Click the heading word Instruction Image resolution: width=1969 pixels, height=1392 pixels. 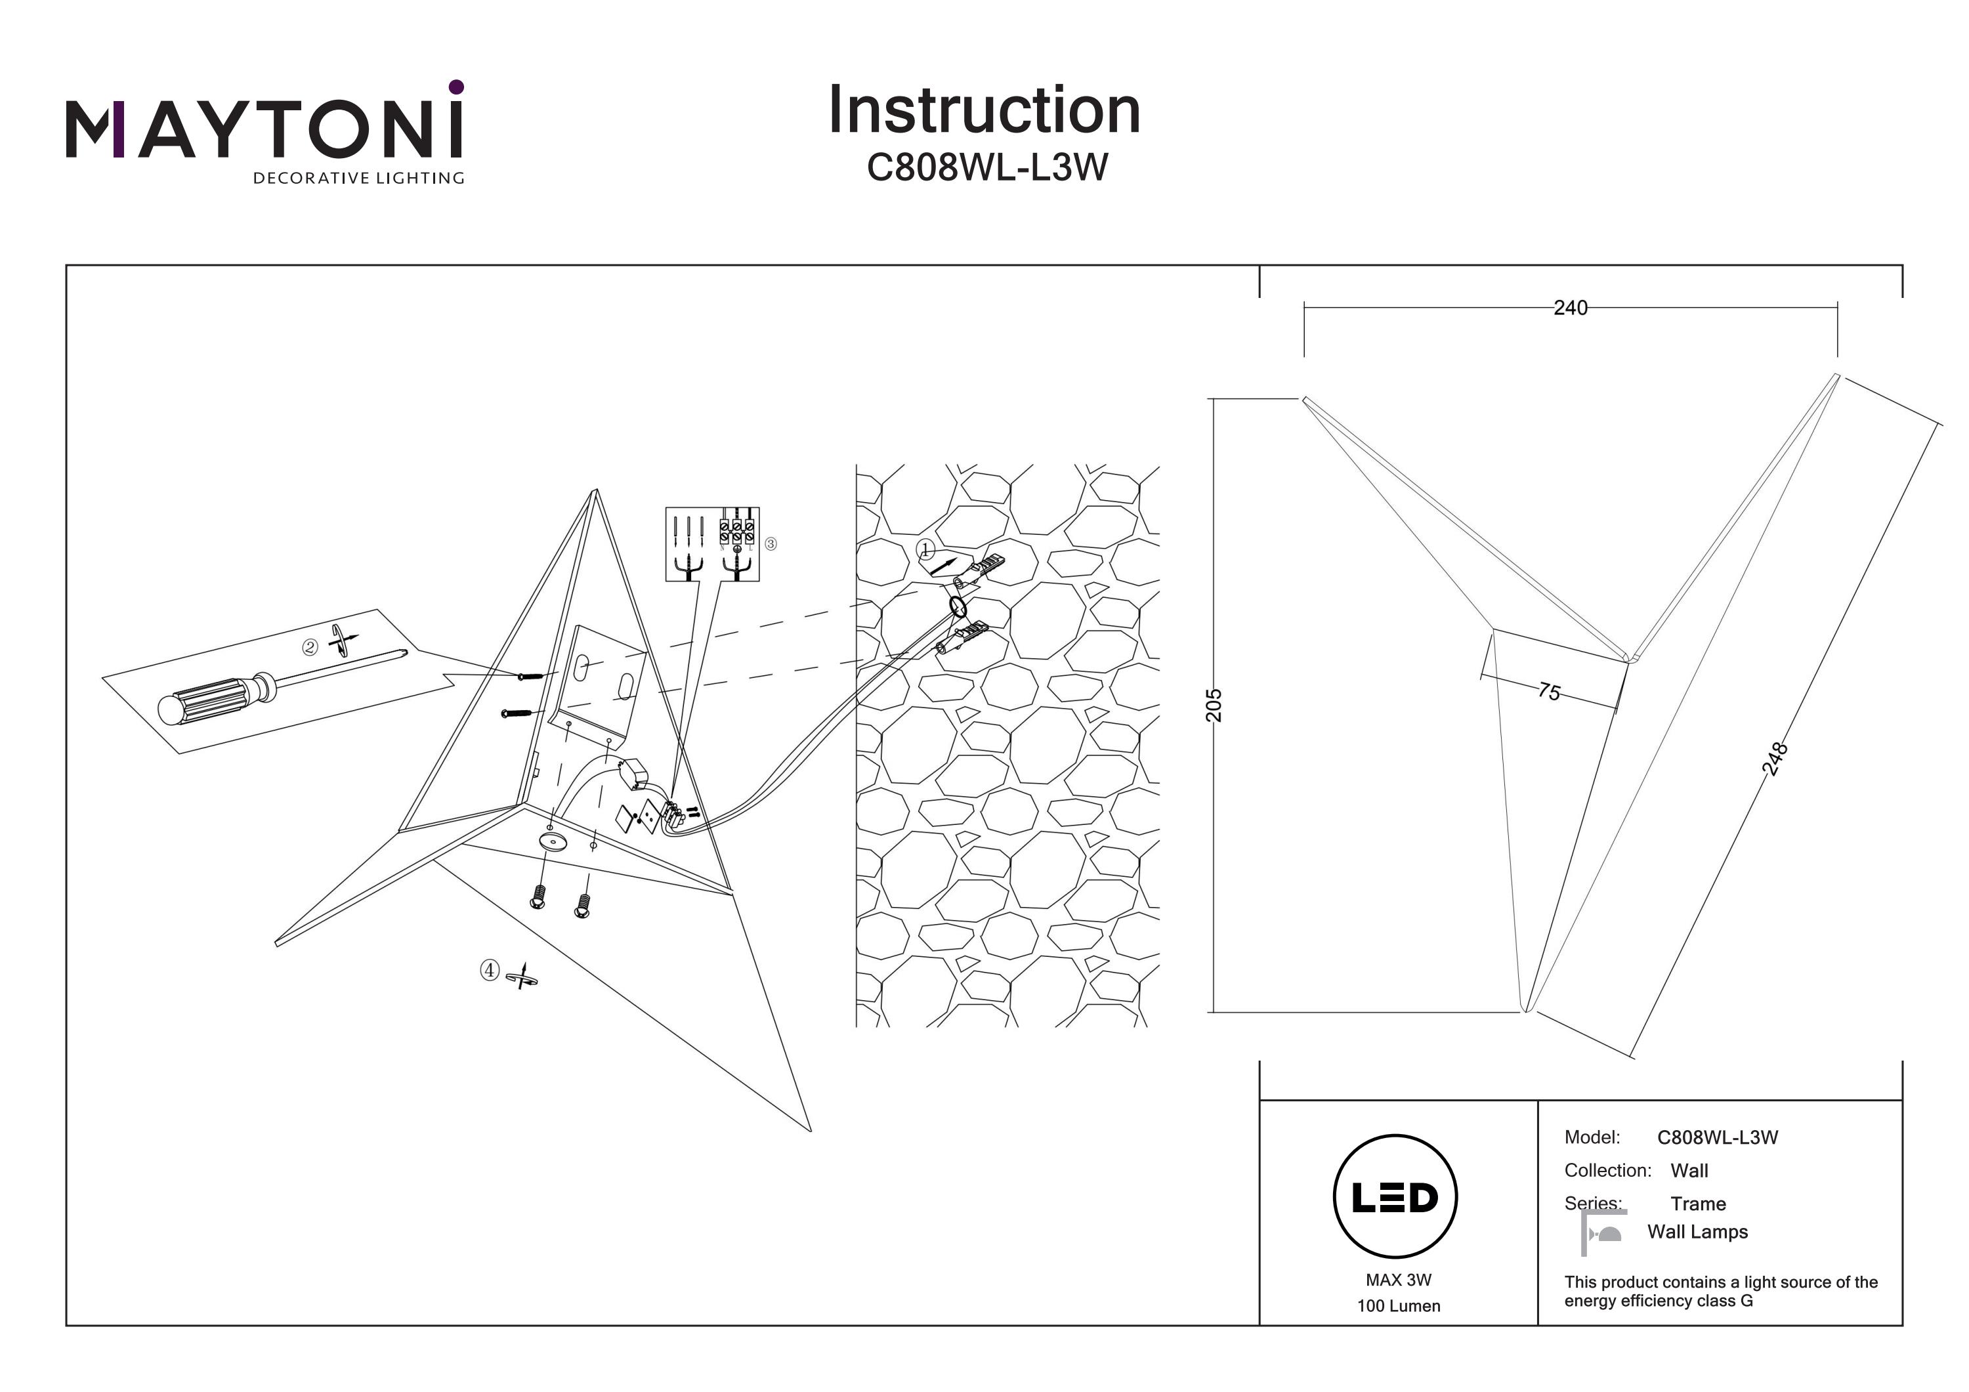pos(984,111)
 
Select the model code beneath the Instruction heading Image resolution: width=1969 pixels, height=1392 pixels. pos(986,167)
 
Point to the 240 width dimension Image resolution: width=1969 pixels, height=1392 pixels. pos(1569,308)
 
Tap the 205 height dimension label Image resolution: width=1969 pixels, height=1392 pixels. pos(1214,705)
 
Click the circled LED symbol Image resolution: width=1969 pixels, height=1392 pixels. pos(1395,1197)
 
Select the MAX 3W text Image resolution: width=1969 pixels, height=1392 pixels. pos(1398,1280)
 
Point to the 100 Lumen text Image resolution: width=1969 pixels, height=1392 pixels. pos(1398,1306)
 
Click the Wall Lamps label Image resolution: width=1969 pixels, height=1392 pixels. pos(1697,1233)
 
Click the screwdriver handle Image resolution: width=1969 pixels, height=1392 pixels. pos(215,699)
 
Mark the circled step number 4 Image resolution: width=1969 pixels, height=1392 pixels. pos(489,970)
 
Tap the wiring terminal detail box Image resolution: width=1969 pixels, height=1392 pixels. pos(711,544)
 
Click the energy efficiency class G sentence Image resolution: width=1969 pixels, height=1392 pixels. pos(1720,1291)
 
